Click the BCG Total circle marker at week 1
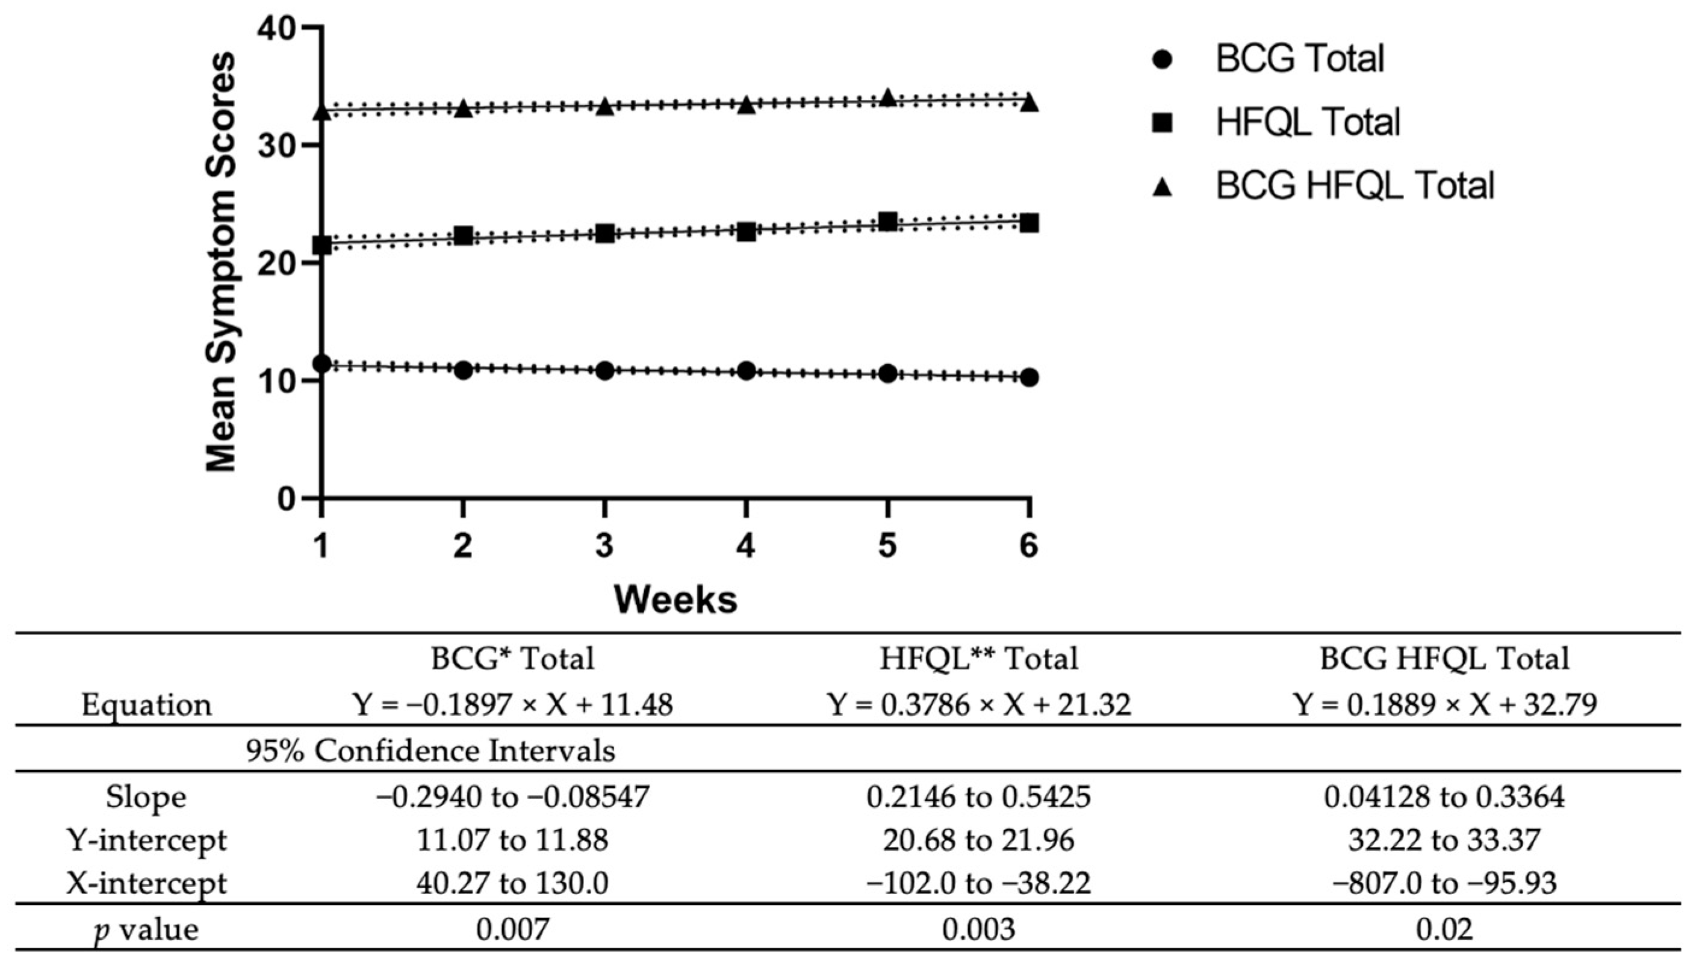click(x=322, y=364)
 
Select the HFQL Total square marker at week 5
click(x=887, y=222)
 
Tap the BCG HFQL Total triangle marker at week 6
click(x=1028, y=103)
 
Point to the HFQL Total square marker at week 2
click(x=463, y=235)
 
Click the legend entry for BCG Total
click(x=1299, y=59)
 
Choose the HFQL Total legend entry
click(x=1307, y=123)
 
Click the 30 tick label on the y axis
click(x=277, y=146)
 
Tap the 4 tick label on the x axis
click(x=745, y=546)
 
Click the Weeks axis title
click(x=674, y=600)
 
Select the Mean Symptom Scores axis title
click(x=220, y=262)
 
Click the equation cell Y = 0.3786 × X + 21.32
click(x=978, y=704)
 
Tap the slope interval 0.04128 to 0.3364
click(x=1444, y=796)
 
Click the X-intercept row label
click(x=146, y=884)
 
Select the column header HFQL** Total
click(x=978, y=659)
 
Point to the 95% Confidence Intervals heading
click(x=430, y=751)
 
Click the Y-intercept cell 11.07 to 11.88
click(x=512, y=840)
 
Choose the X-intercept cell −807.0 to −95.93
click(x=1444, y=884)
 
